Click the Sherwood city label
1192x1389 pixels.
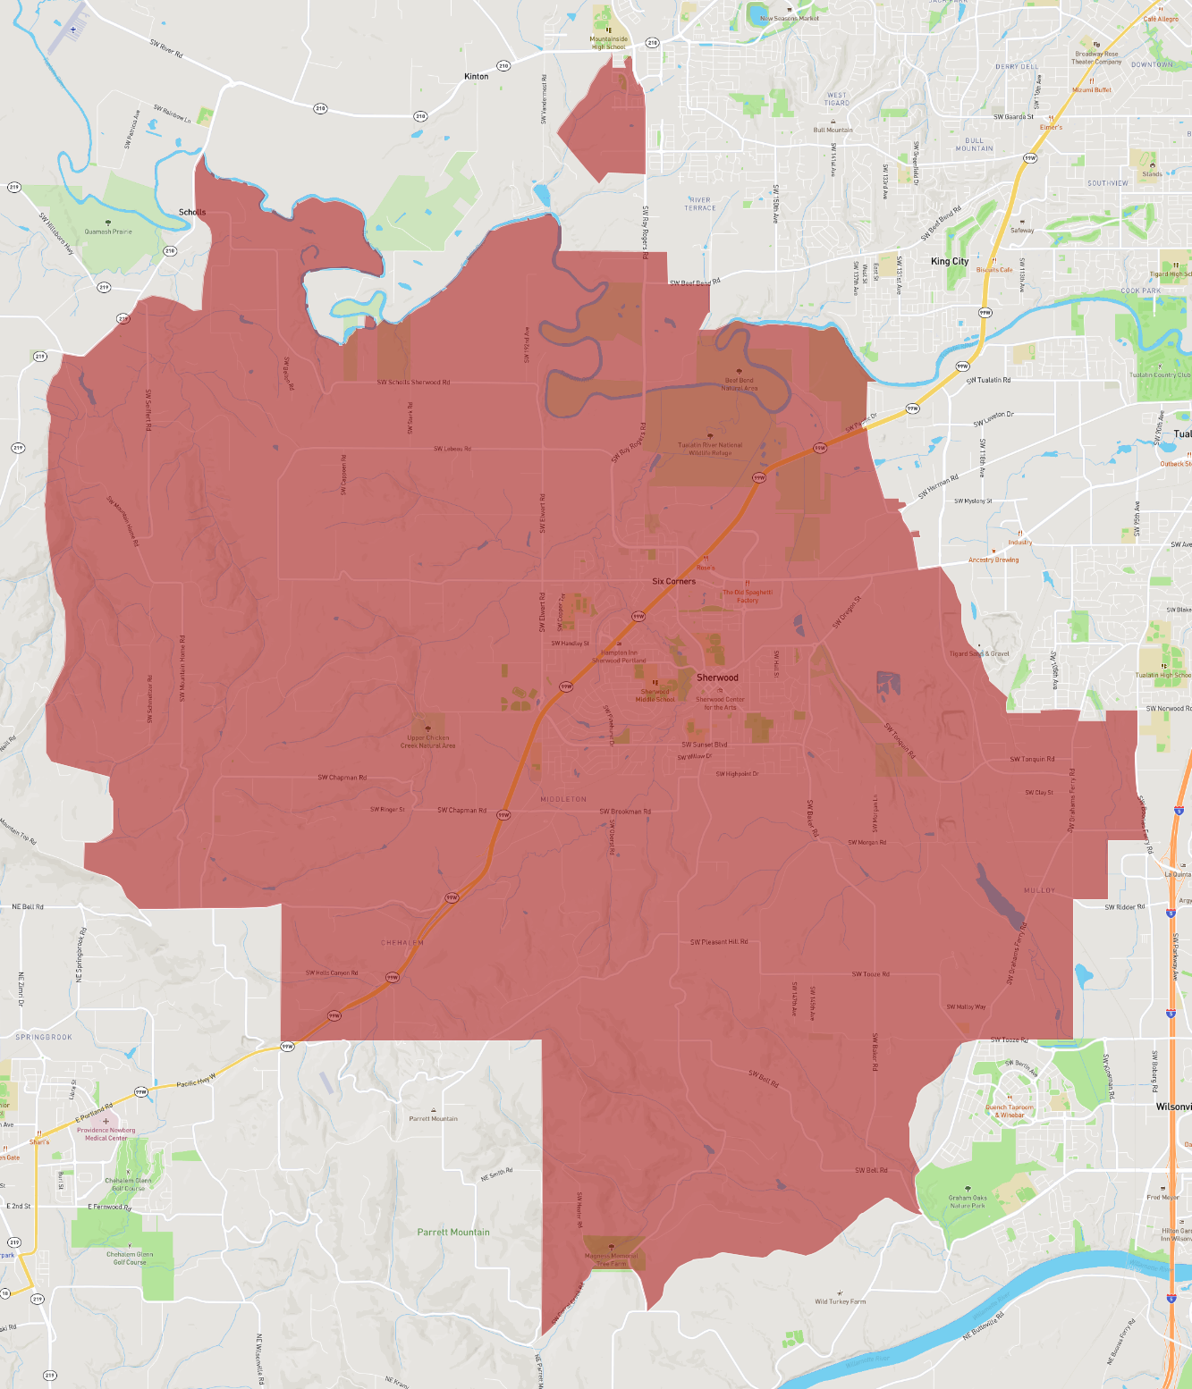[717, 678]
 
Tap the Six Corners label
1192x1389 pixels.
[673, 581]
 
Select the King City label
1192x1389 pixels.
[950, 261]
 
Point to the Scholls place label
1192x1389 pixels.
[192, 212]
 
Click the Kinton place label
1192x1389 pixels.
[477, 77]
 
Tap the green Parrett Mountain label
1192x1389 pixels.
[453, 1232]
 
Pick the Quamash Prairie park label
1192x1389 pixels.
[108, 231]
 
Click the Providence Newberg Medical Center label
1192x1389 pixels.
[106, 1133]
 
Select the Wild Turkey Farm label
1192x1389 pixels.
[841, 1301]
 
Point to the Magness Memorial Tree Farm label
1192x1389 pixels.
[612, 1259]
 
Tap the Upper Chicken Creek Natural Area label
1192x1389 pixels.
[427, 741]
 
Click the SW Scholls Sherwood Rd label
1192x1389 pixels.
[413, 383]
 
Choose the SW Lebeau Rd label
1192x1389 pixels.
[452, 449]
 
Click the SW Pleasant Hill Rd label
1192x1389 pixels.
[719, 942]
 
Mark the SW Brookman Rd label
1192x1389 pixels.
[625, 812]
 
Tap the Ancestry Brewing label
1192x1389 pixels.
[993, 560]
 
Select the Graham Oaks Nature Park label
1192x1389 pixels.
[968, 1201]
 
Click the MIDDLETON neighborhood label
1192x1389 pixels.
[563, 799]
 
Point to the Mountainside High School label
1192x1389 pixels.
[608, 43]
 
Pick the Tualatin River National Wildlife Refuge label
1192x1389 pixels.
[710, 449]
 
